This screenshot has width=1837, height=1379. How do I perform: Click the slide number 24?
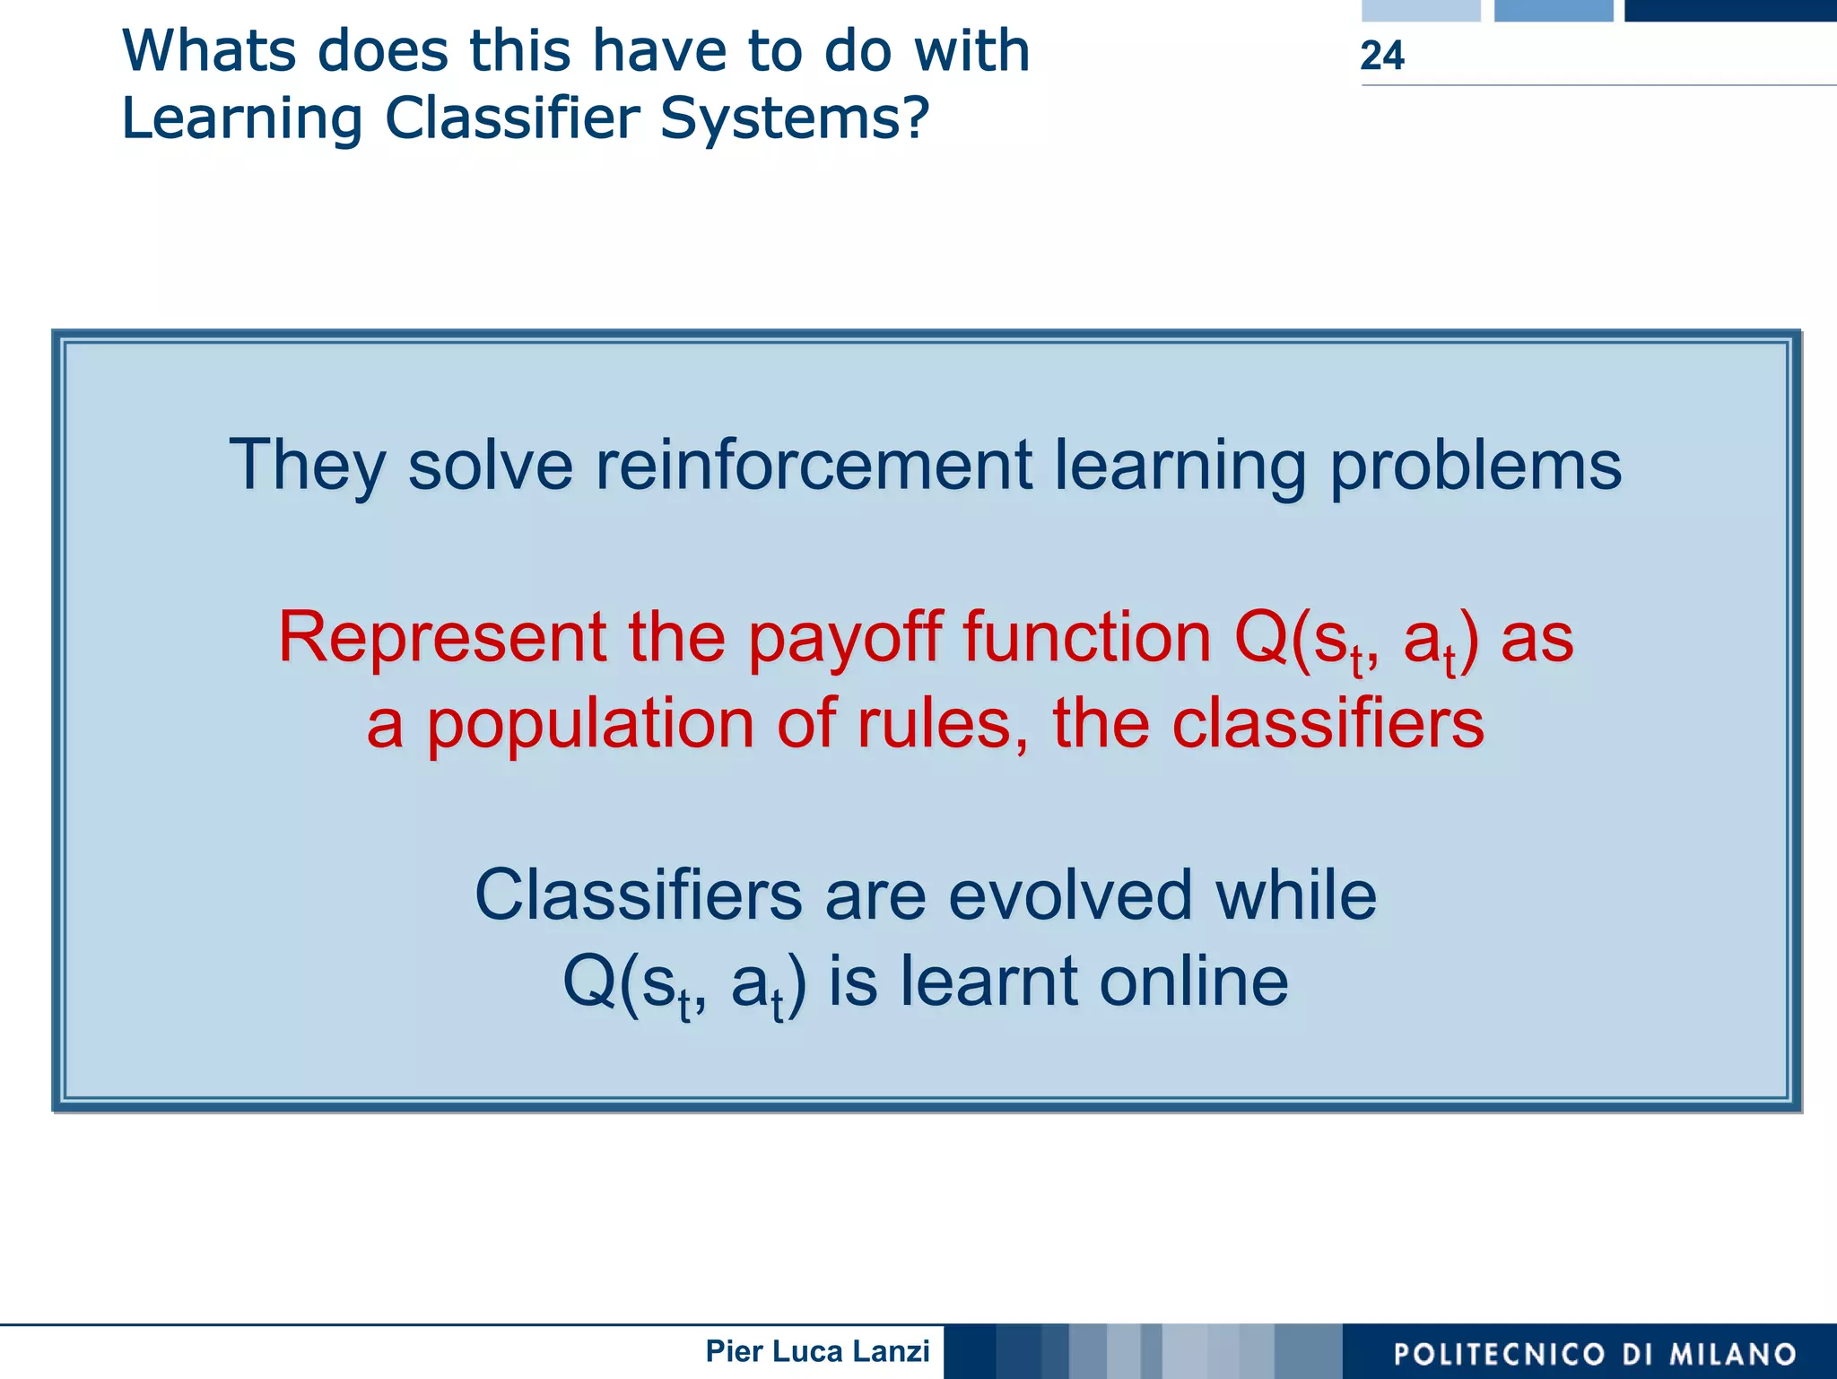coord(1381,56)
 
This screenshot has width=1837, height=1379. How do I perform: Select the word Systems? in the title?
coord(794,119)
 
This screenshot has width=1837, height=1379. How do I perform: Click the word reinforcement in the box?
coord(814,465)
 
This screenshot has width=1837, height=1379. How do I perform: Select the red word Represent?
coord(441,637)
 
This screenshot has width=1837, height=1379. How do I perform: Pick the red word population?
coord(589,725)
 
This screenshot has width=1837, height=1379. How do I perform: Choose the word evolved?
coord(1069,895)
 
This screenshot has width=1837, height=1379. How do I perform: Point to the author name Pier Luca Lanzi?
coord(817,1350)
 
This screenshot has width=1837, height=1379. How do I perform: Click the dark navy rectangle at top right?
coord(1729,10)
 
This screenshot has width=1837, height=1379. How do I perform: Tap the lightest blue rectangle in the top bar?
coord(1420,10)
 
